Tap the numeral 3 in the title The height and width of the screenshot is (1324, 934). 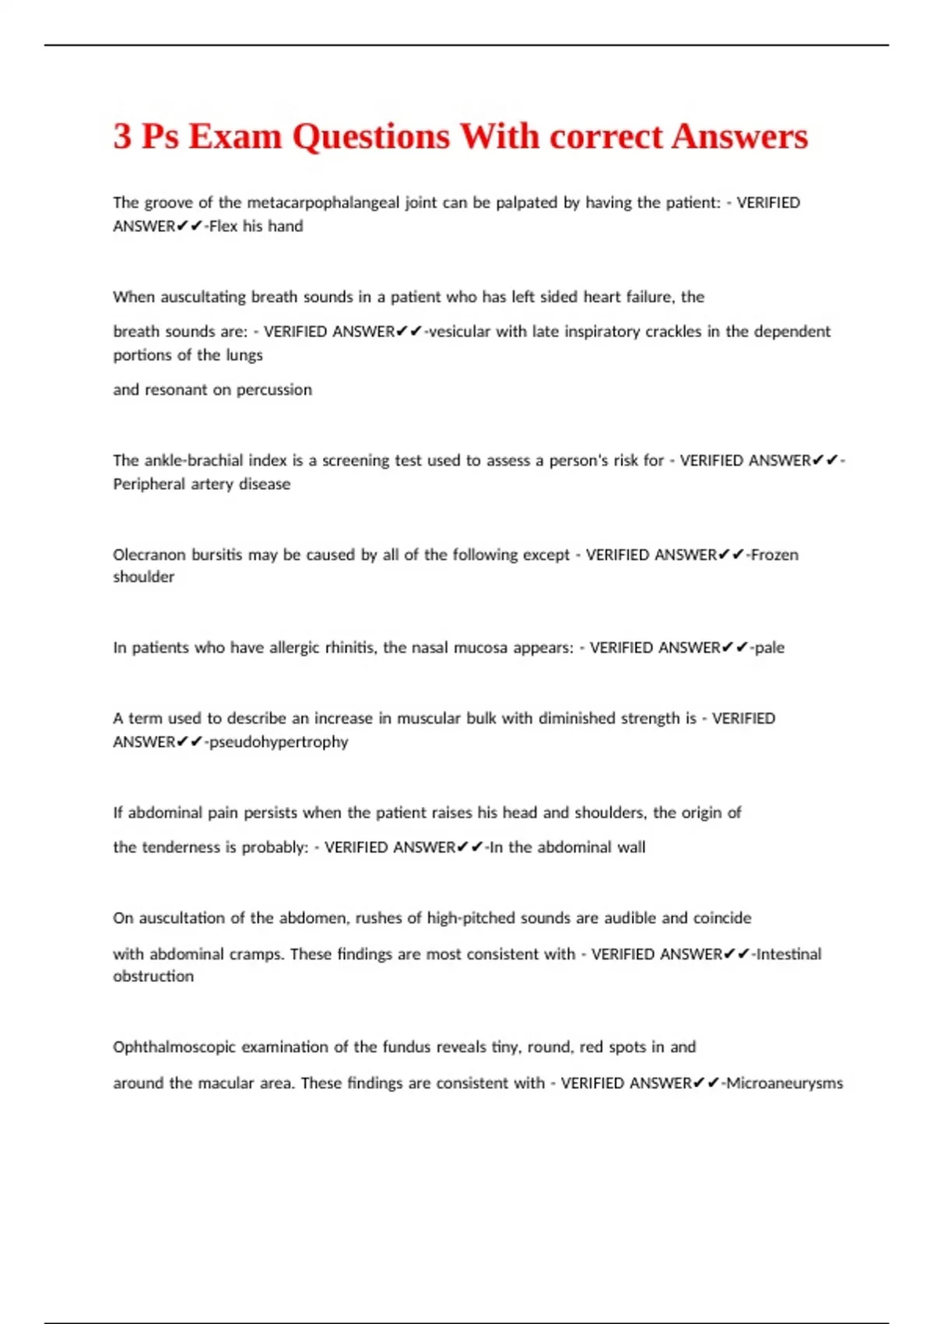coord(122,136)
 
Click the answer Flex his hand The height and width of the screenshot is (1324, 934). coord(256,226)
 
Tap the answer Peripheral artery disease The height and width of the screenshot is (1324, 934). coord(202,484)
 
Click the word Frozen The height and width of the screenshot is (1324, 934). coord(774,555)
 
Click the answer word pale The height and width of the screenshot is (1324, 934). coord(770,647)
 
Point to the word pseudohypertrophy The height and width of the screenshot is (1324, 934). coord(279,741)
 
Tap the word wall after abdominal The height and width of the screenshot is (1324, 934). coord(631,847)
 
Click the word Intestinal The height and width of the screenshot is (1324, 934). coord(788,953)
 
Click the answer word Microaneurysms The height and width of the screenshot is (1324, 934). coord(785,1083)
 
